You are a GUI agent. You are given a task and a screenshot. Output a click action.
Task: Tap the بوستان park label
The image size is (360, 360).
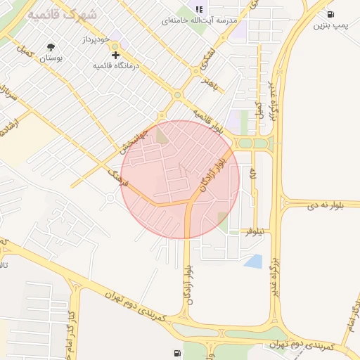pos(51,59)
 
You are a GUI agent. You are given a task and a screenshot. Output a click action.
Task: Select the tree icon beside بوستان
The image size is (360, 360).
pos(51,47)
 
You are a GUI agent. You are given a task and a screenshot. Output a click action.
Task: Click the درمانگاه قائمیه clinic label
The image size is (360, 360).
pos(117,65)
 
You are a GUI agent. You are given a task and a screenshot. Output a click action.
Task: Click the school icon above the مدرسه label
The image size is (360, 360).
pos(199,9)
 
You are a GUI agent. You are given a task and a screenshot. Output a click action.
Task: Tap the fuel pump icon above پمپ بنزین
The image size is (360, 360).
pos(330,14)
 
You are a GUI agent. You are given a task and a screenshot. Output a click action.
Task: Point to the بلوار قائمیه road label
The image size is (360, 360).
pos(212,122)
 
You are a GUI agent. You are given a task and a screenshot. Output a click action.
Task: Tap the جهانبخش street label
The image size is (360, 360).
pos(132,142)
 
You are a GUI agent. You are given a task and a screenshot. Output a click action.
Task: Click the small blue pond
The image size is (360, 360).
pos(253,262)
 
